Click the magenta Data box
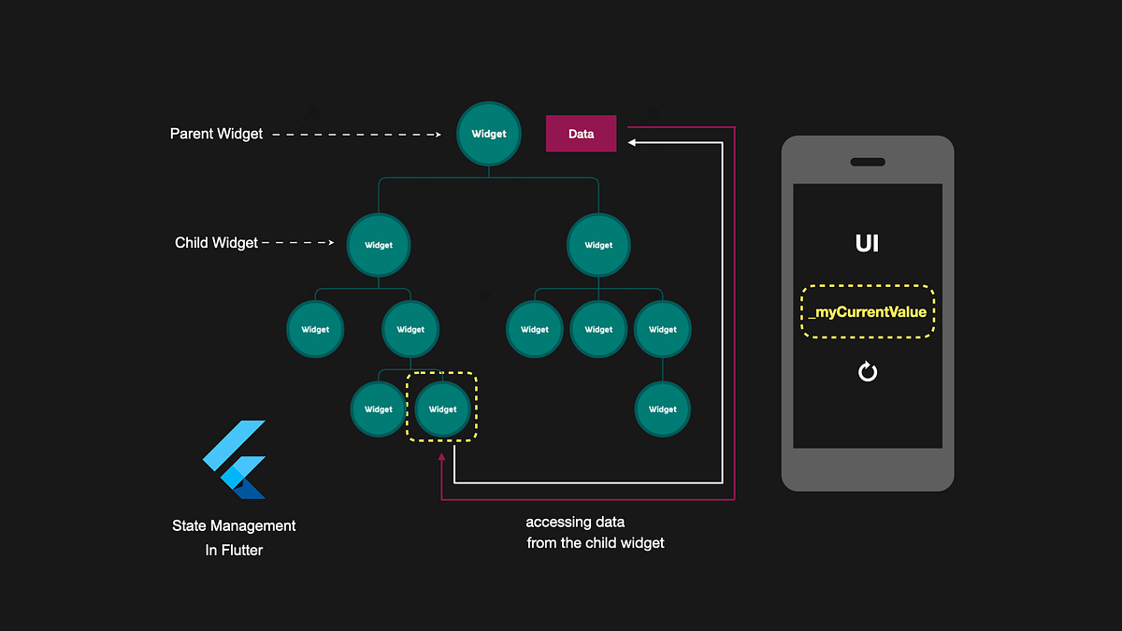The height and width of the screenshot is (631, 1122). (x=581, y=134)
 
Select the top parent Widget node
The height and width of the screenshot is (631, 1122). (x=488, y=134)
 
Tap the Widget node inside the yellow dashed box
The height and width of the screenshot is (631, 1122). (x=442, y=409)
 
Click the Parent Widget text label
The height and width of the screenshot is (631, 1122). (x=216, y=134)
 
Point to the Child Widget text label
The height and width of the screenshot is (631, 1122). (x=216, y=243)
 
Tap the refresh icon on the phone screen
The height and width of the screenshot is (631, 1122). (x=868, y=372)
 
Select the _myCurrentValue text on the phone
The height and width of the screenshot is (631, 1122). (x=868, y=311)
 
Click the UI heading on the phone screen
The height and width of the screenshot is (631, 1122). (x=867, y=244)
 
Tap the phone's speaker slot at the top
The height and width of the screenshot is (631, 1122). (x=868, y=162)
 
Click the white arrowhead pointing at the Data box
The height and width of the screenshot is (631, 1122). (x=633, y=142)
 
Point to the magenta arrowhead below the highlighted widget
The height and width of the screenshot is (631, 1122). (x=441, y=458)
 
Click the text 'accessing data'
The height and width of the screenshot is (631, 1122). (x=575, y=522)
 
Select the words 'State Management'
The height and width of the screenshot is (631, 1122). (x=234, y=526)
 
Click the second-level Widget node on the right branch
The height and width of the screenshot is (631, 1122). (x=598, y=245)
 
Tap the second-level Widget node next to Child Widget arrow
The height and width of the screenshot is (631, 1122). (x=379, y=245)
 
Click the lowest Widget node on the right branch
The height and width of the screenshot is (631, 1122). (x=662, y=409)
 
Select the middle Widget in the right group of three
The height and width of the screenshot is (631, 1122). (x=598, y=329)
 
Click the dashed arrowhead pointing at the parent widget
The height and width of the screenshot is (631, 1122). (x=436, y=134)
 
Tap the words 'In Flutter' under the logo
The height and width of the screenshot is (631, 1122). (x=234, y=551)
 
